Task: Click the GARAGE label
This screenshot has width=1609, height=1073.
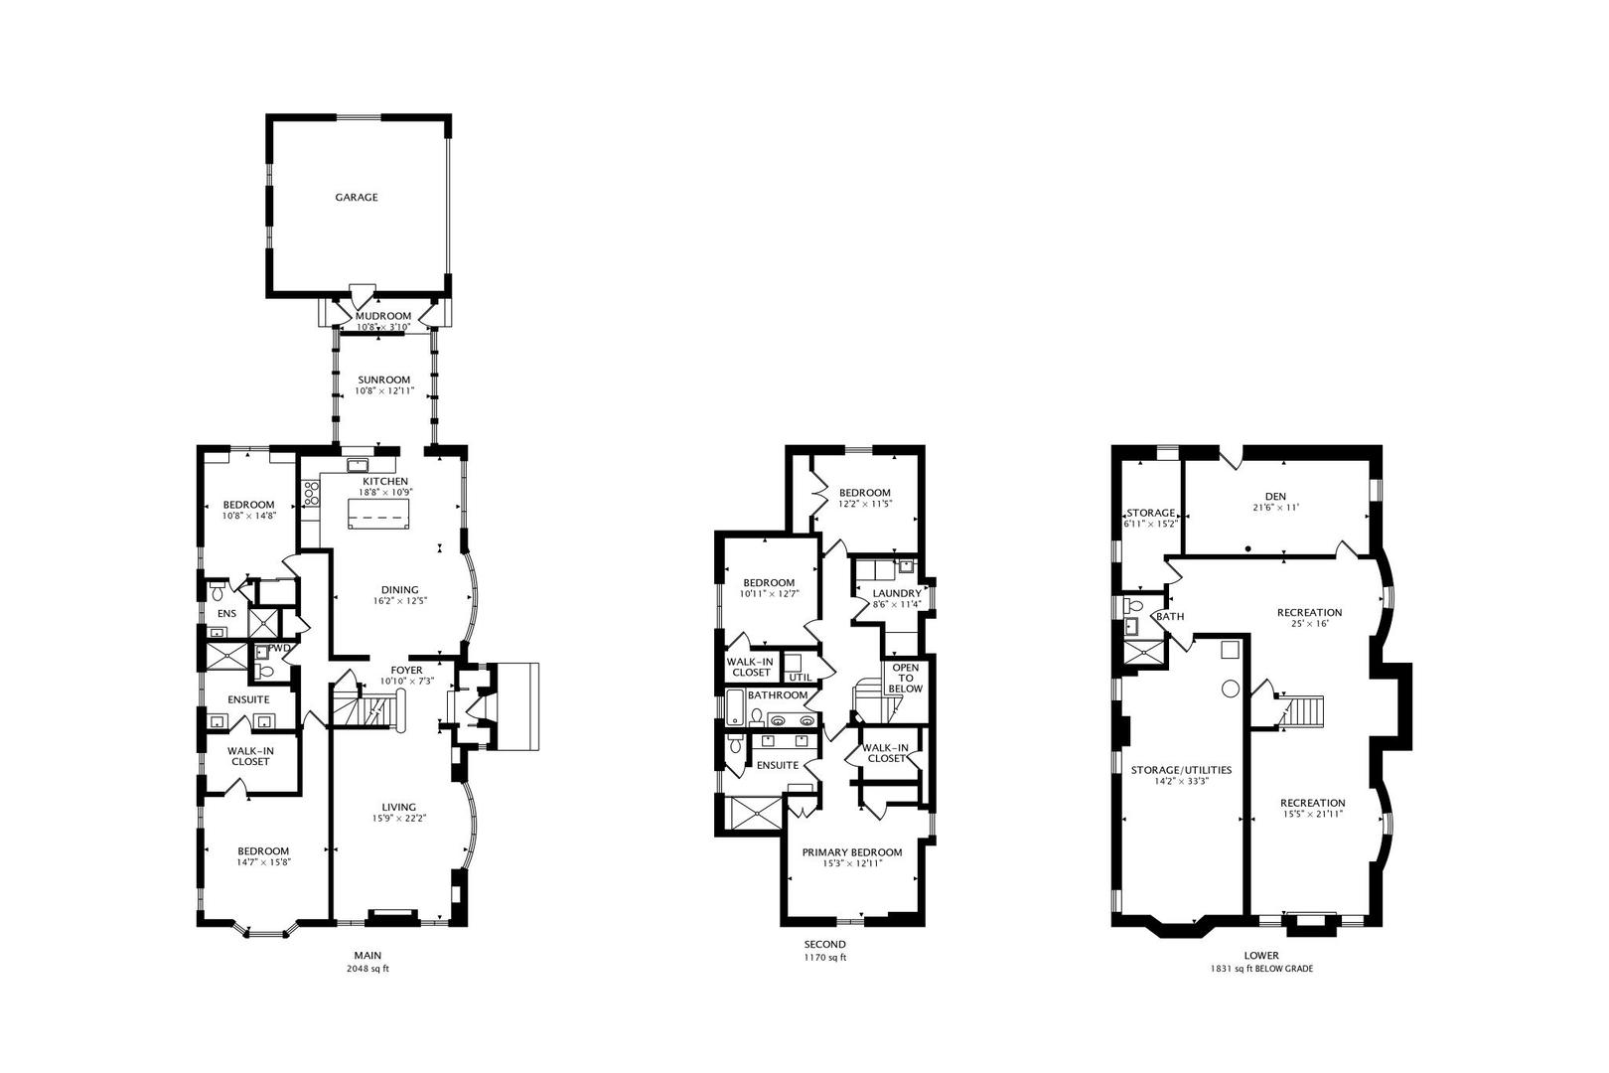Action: pos(357,197)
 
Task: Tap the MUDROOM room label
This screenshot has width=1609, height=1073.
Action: pos(383,316)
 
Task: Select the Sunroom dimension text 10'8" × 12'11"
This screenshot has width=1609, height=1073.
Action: pos(384,391)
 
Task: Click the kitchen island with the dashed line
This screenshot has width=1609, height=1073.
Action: pos(377,513)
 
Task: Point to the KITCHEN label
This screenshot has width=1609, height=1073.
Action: pos(385,482)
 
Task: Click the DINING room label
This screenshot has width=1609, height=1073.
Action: pos(400,590)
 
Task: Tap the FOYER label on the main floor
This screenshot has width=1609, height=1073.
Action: pos(406,670)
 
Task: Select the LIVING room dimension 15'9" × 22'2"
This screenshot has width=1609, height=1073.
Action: pos(399,818)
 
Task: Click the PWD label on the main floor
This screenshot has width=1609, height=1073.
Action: pos(279,648)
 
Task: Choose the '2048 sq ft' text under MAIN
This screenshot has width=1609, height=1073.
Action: pos(367,969)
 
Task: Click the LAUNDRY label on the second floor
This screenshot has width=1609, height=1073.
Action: pos(897,593)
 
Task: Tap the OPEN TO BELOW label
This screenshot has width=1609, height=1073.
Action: pos(905,678)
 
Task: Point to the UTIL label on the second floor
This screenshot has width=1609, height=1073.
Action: pos(801,677)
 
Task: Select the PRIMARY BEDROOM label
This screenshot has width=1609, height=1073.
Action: pos(852,852)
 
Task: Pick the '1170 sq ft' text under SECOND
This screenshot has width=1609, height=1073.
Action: pos(824,958)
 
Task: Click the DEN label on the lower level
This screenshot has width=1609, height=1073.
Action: pos(1275,496)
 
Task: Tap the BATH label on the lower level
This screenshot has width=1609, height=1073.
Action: pos(1170,616)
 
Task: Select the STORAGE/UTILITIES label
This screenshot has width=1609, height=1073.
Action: pos(1181,770)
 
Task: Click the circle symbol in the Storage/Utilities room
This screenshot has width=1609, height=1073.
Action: pos(1231,689)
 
